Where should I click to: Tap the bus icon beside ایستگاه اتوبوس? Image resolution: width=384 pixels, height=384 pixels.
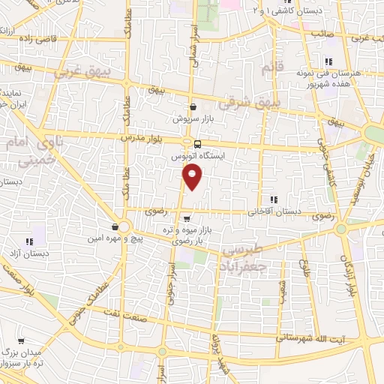point(197,144)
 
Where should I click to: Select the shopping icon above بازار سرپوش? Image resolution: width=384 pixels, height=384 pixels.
point(193,107)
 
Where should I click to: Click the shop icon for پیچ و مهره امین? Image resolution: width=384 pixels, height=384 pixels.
point(115,226)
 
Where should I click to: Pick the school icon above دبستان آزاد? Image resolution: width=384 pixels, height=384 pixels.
point(29,241)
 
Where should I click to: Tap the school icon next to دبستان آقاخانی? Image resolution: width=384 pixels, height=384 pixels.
point(274,199)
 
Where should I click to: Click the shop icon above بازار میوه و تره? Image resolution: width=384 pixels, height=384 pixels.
point(186,218)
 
